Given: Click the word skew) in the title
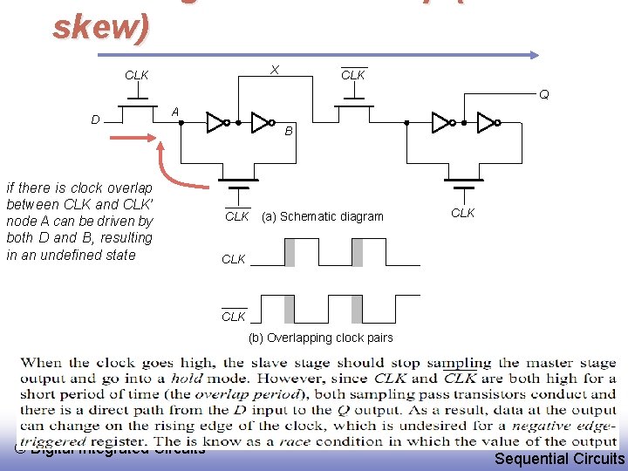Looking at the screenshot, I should pyautogui.click(x=101, y=26).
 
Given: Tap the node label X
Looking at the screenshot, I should pyautogui.click(x=275, y=69).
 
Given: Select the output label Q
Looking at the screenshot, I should pyautogui.click(x=543, y=94).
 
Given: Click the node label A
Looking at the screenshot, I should pyautogui.click(x=175, y=112).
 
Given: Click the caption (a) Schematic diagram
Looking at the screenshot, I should pyautogui.click(x=323, y=216).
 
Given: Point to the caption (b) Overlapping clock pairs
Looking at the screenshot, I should pyautogui.click(x=320, y=338).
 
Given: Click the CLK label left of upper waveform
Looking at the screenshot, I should pyautogui.click(x=234, y=259).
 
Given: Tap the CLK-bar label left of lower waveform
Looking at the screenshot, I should pyautogui.click(x=234, y=317).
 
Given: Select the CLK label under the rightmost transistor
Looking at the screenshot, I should pyautogui.click(x=462, y=213).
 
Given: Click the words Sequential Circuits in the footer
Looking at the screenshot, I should pyautogui.click(x=559, y=459).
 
